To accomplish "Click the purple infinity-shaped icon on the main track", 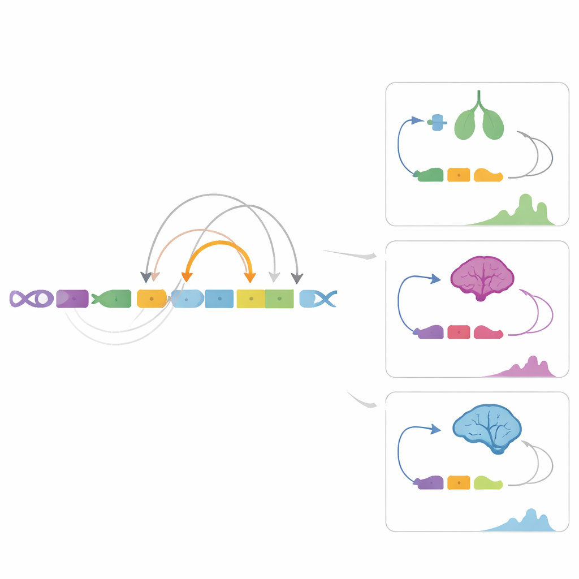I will point(32,299).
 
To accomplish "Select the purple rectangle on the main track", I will point(72,299).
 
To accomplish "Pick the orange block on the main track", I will point(152,299).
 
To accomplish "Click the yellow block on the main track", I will point(250,299).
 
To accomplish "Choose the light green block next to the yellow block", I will point(279,299).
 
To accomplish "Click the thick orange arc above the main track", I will point(218,244).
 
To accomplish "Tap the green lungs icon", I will point(479,121).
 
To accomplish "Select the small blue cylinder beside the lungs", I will point(437,122).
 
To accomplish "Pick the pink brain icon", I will point(482,277).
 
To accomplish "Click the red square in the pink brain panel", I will point(459,332).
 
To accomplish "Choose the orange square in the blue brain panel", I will point(459,482).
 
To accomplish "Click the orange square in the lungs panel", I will point(459,175).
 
